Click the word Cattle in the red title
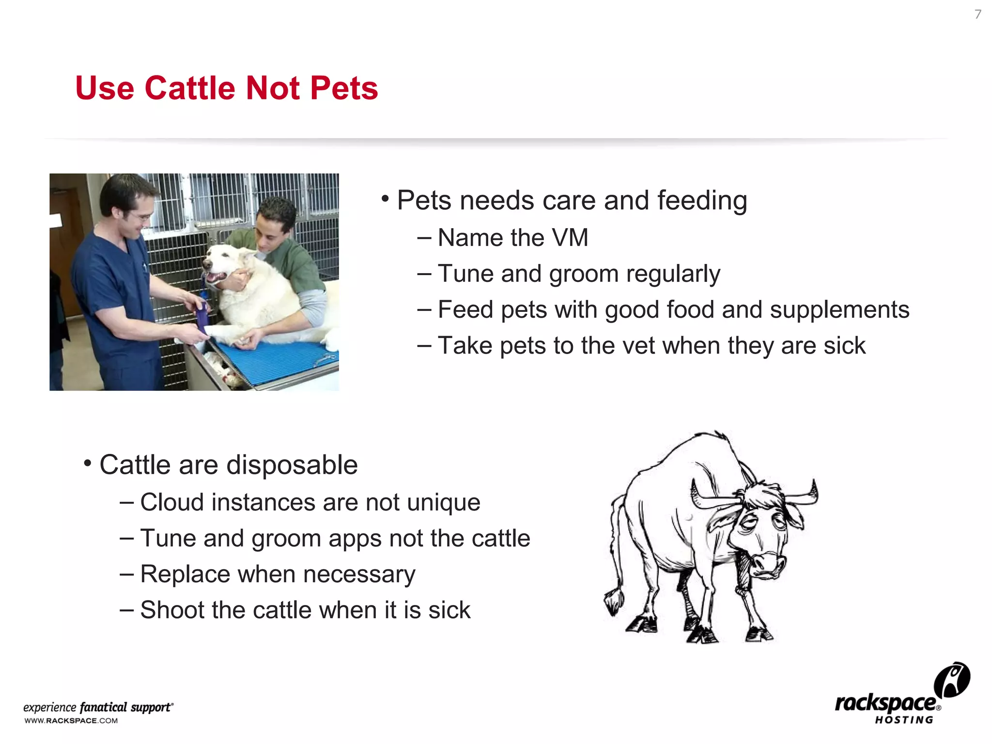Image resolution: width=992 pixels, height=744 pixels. click(x=191, y=88)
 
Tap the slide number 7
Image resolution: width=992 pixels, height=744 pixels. click(x=977, y=15)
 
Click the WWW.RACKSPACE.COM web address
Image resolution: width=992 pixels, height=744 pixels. click(x=71, y=721)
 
